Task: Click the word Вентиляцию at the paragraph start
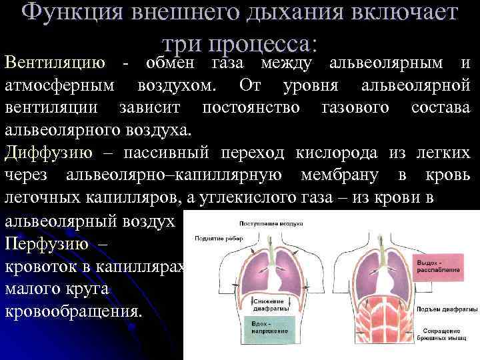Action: coord(55,63)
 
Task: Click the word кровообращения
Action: coord(73,311)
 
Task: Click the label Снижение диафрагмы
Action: coord(269,305)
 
